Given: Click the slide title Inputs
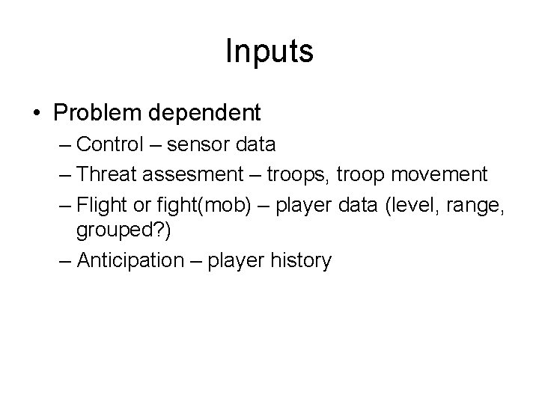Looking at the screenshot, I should [x=269, y=52].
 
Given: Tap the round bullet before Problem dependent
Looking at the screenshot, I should [x=36, y=114].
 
